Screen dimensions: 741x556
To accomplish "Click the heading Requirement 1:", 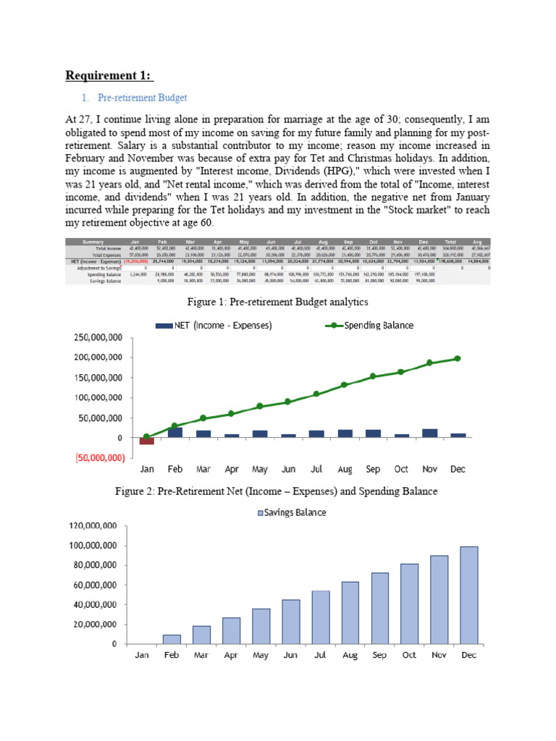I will pos(110,76).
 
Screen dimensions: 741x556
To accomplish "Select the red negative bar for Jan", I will pos(147,441).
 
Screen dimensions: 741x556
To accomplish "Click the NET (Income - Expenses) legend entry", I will pos(214,326).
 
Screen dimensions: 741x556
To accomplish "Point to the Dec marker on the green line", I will pos(457,358).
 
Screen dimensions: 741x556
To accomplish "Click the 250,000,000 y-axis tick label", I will pos(96,337).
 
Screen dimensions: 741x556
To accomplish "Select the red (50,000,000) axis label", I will pos(96,458).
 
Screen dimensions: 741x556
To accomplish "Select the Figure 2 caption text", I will pos(277,492).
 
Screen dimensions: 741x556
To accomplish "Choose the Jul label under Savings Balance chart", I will pos(321,656).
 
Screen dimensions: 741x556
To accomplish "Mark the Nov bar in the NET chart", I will pos(429,433).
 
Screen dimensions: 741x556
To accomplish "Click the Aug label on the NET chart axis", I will pos(344,469).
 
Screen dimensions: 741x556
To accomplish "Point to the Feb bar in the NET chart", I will pos(175,432).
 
